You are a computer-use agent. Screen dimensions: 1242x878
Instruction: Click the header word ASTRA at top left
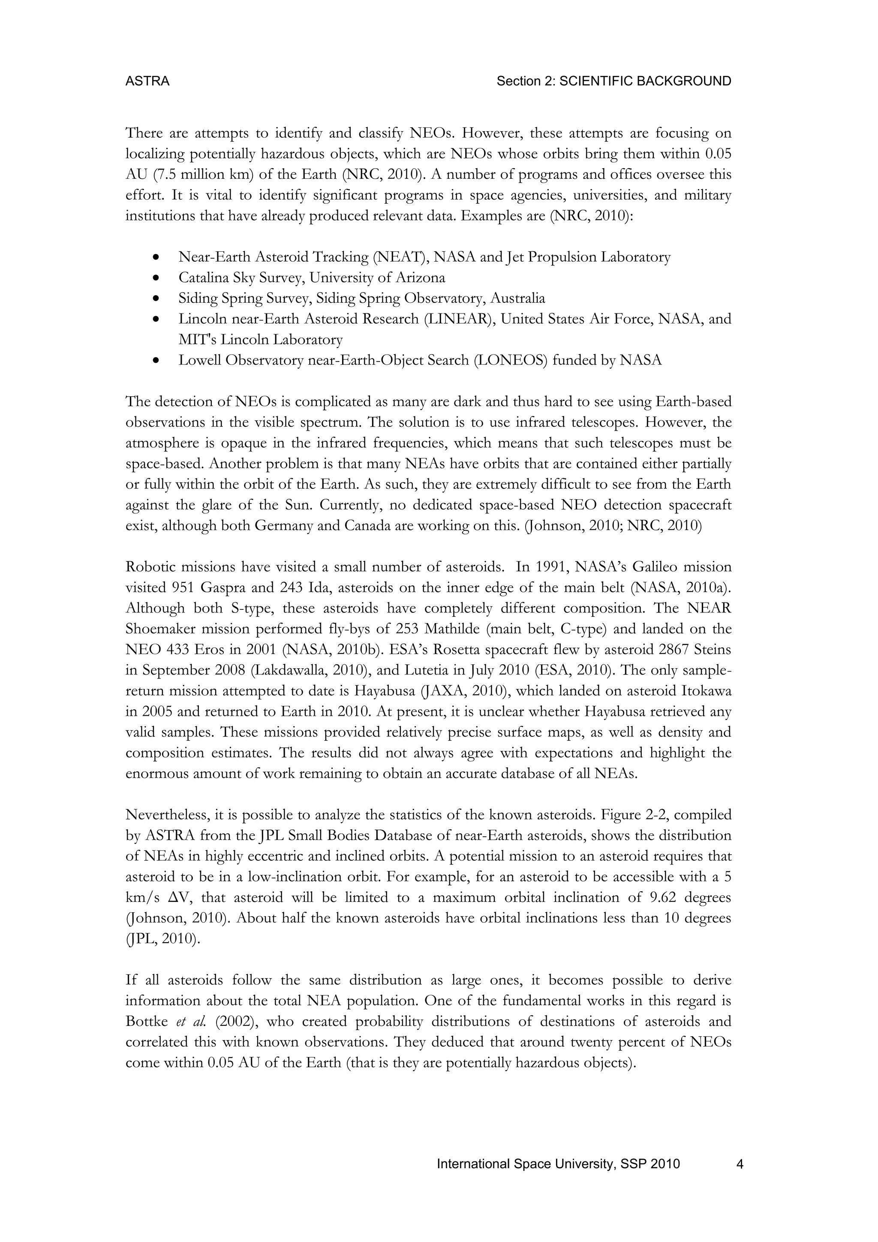click(x=147, y=81)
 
